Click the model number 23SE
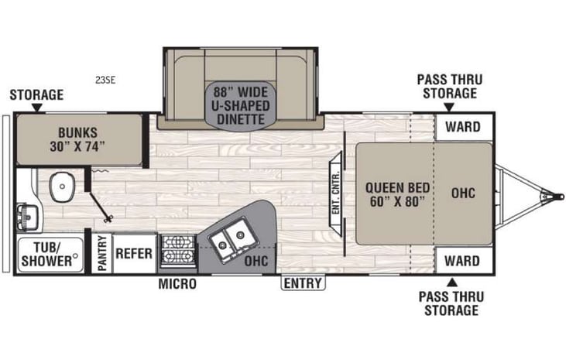(105, 78)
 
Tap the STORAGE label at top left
(36, 95)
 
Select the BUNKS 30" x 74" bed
(80, 138)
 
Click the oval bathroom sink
(60, 187)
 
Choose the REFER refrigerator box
(134, 253)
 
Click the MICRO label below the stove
(177, 284)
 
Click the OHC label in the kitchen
(256, 261)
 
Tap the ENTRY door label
(303, 283)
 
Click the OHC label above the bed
(462, 192)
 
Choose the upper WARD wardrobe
(463, 127)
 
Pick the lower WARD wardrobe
(463, 260)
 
